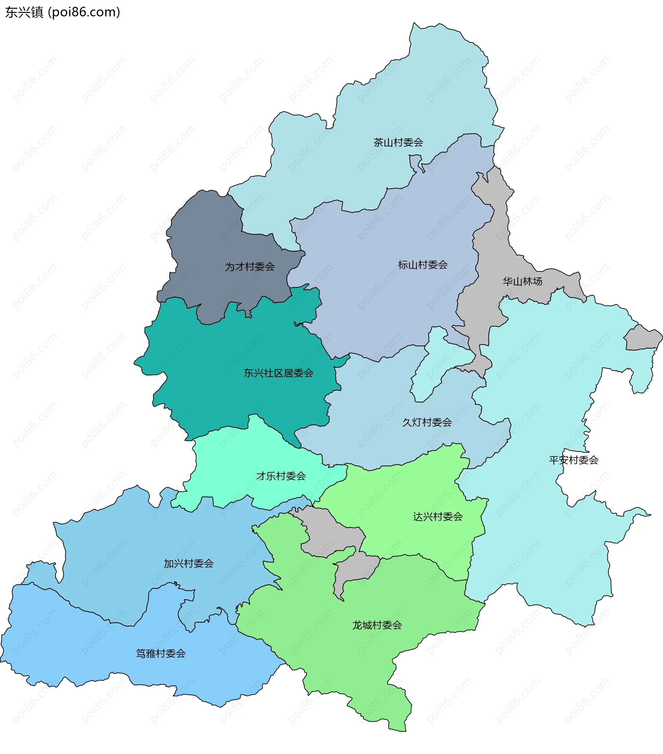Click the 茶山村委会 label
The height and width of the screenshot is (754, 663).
click(398, 142)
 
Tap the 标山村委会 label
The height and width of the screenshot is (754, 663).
click(422, 265)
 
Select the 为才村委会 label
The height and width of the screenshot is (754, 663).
click(250, 267)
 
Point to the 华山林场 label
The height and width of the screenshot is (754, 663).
click(522, 281)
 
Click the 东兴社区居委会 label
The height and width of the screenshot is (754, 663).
click(278, 373)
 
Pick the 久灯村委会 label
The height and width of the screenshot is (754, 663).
click(427, 422)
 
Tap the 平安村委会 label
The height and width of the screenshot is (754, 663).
click(573, 460)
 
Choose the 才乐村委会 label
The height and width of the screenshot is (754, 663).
click(281, 476)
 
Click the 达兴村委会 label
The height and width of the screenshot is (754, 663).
click(438, 517)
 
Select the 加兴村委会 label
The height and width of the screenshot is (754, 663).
click(189, 564)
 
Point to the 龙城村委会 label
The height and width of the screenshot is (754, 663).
click(377, 625)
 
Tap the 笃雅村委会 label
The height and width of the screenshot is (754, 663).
click(161, 654)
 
